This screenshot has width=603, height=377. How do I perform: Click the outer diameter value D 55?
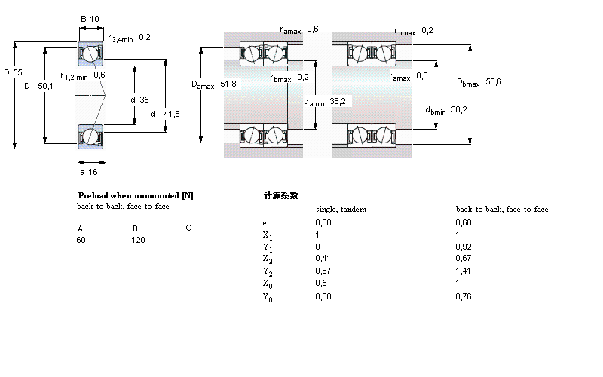pos(14,72)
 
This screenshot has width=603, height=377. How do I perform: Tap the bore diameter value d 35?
pos(139,99)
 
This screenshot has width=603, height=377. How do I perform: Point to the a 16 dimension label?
pos(89,172)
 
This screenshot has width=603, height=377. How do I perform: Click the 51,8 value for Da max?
pos(228,84)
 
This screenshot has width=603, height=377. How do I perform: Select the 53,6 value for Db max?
pos(494,81)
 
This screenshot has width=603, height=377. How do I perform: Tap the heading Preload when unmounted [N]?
pos(136,195)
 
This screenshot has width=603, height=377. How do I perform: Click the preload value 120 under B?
pos(139,240)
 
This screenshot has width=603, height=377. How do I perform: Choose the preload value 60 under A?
pos(81,240)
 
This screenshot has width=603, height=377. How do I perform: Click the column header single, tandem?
pos(341,209)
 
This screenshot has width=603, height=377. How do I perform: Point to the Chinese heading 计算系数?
pos(280,195)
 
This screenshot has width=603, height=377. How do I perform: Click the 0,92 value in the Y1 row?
pos(464,246)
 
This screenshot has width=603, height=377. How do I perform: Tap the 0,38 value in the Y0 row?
pos(323,296)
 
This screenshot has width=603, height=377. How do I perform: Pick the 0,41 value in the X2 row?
pos(323,258)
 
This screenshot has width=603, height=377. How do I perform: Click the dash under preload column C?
pos(187,240)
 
